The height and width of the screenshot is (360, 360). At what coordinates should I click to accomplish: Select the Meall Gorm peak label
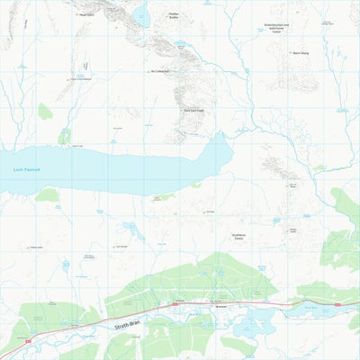click(x=86, y=15)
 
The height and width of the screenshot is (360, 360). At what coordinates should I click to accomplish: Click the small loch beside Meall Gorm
click(x=140, y=13)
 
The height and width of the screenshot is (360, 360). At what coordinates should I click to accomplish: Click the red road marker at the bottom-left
click(x=30, y=341)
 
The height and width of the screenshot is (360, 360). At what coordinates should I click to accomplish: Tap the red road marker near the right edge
click(x=337, y=304)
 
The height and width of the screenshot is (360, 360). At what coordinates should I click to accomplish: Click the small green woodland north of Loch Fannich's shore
click(x=64, y=137)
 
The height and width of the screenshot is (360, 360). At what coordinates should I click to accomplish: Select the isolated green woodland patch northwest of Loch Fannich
click(x=45, y=111)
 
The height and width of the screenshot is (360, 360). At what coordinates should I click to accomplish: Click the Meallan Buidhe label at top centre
click(x=175, y=15)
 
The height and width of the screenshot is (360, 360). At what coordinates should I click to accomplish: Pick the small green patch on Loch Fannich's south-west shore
click(x=47, y=194)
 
